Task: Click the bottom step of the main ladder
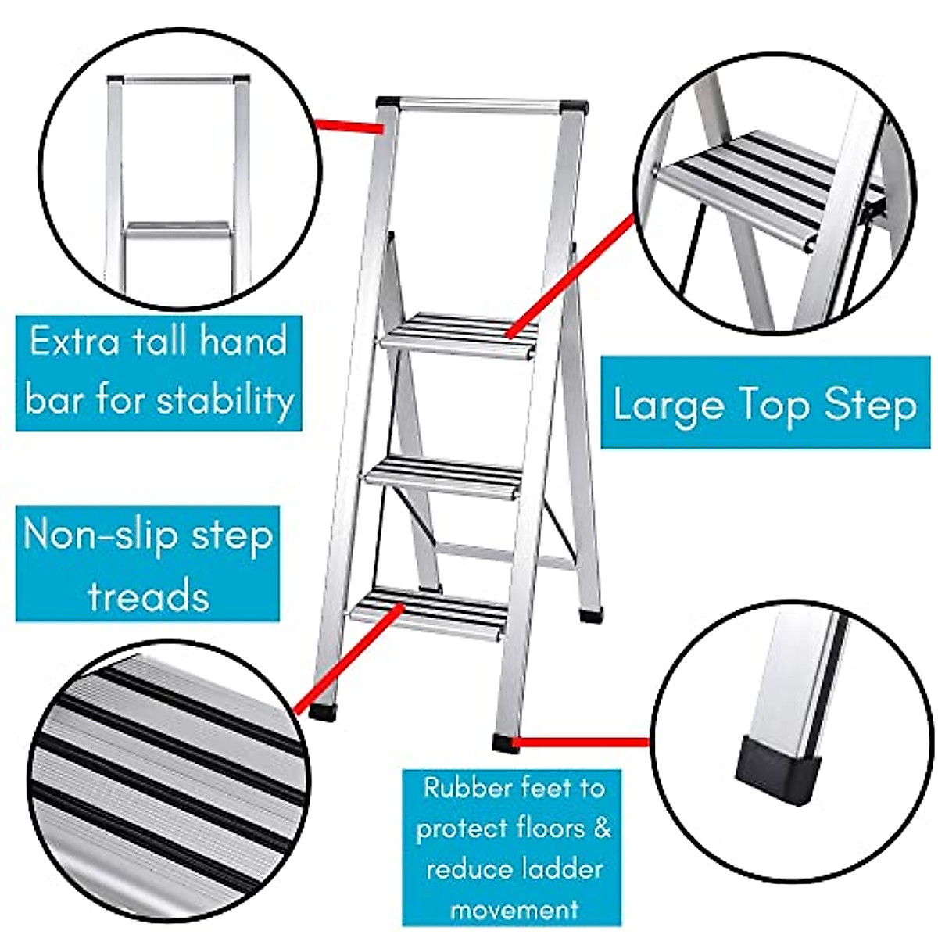pos(429,610)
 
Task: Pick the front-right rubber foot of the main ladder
pos(506,742)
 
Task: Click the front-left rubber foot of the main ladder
pos(322,712)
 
